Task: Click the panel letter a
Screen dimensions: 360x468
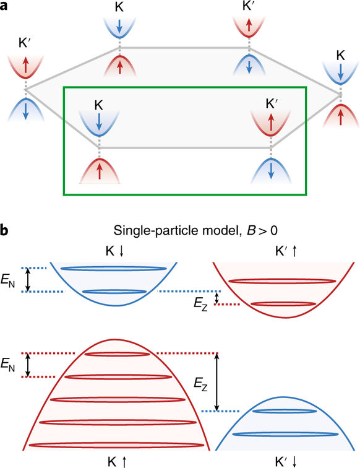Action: pos(4,6)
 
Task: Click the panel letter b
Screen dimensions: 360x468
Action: pos(4,231)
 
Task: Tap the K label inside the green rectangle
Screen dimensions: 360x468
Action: pos(98,105)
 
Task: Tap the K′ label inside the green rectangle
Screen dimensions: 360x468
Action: pos(272,104)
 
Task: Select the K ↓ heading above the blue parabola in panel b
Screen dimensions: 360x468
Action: pos(114,251)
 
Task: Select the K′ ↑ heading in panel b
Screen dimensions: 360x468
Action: pos(286,251)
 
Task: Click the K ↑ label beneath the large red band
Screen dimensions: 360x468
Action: pos(117,462)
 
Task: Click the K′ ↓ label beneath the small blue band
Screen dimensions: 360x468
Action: pos(286,462)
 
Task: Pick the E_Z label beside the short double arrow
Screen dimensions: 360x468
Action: pos(200,304)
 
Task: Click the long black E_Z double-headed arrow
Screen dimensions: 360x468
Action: pos(217,382)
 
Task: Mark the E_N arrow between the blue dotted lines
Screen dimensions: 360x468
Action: pos(28,280)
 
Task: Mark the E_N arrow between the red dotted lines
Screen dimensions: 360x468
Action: pos(28,365)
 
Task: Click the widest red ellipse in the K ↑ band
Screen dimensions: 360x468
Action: pos(116,445)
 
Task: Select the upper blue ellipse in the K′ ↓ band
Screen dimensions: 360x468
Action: pos(285,411)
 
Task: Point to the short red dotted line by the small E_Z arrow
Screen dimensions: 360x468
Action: pos(226,305)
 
